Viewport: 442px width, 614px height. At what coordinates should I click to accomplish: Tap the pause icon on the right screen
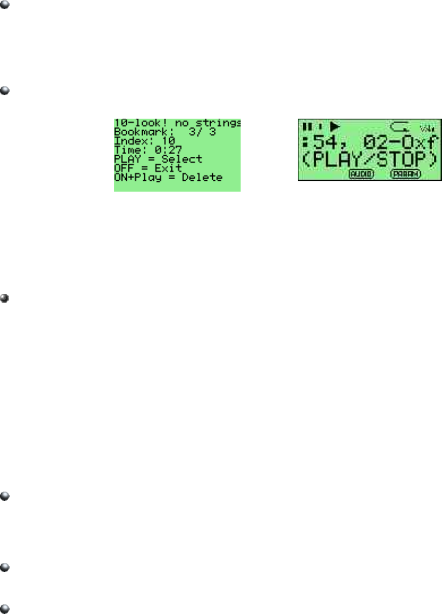coord(308,127)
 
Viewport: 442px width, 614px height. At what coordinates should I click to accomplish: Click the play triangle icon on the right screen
coord(334,127)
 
